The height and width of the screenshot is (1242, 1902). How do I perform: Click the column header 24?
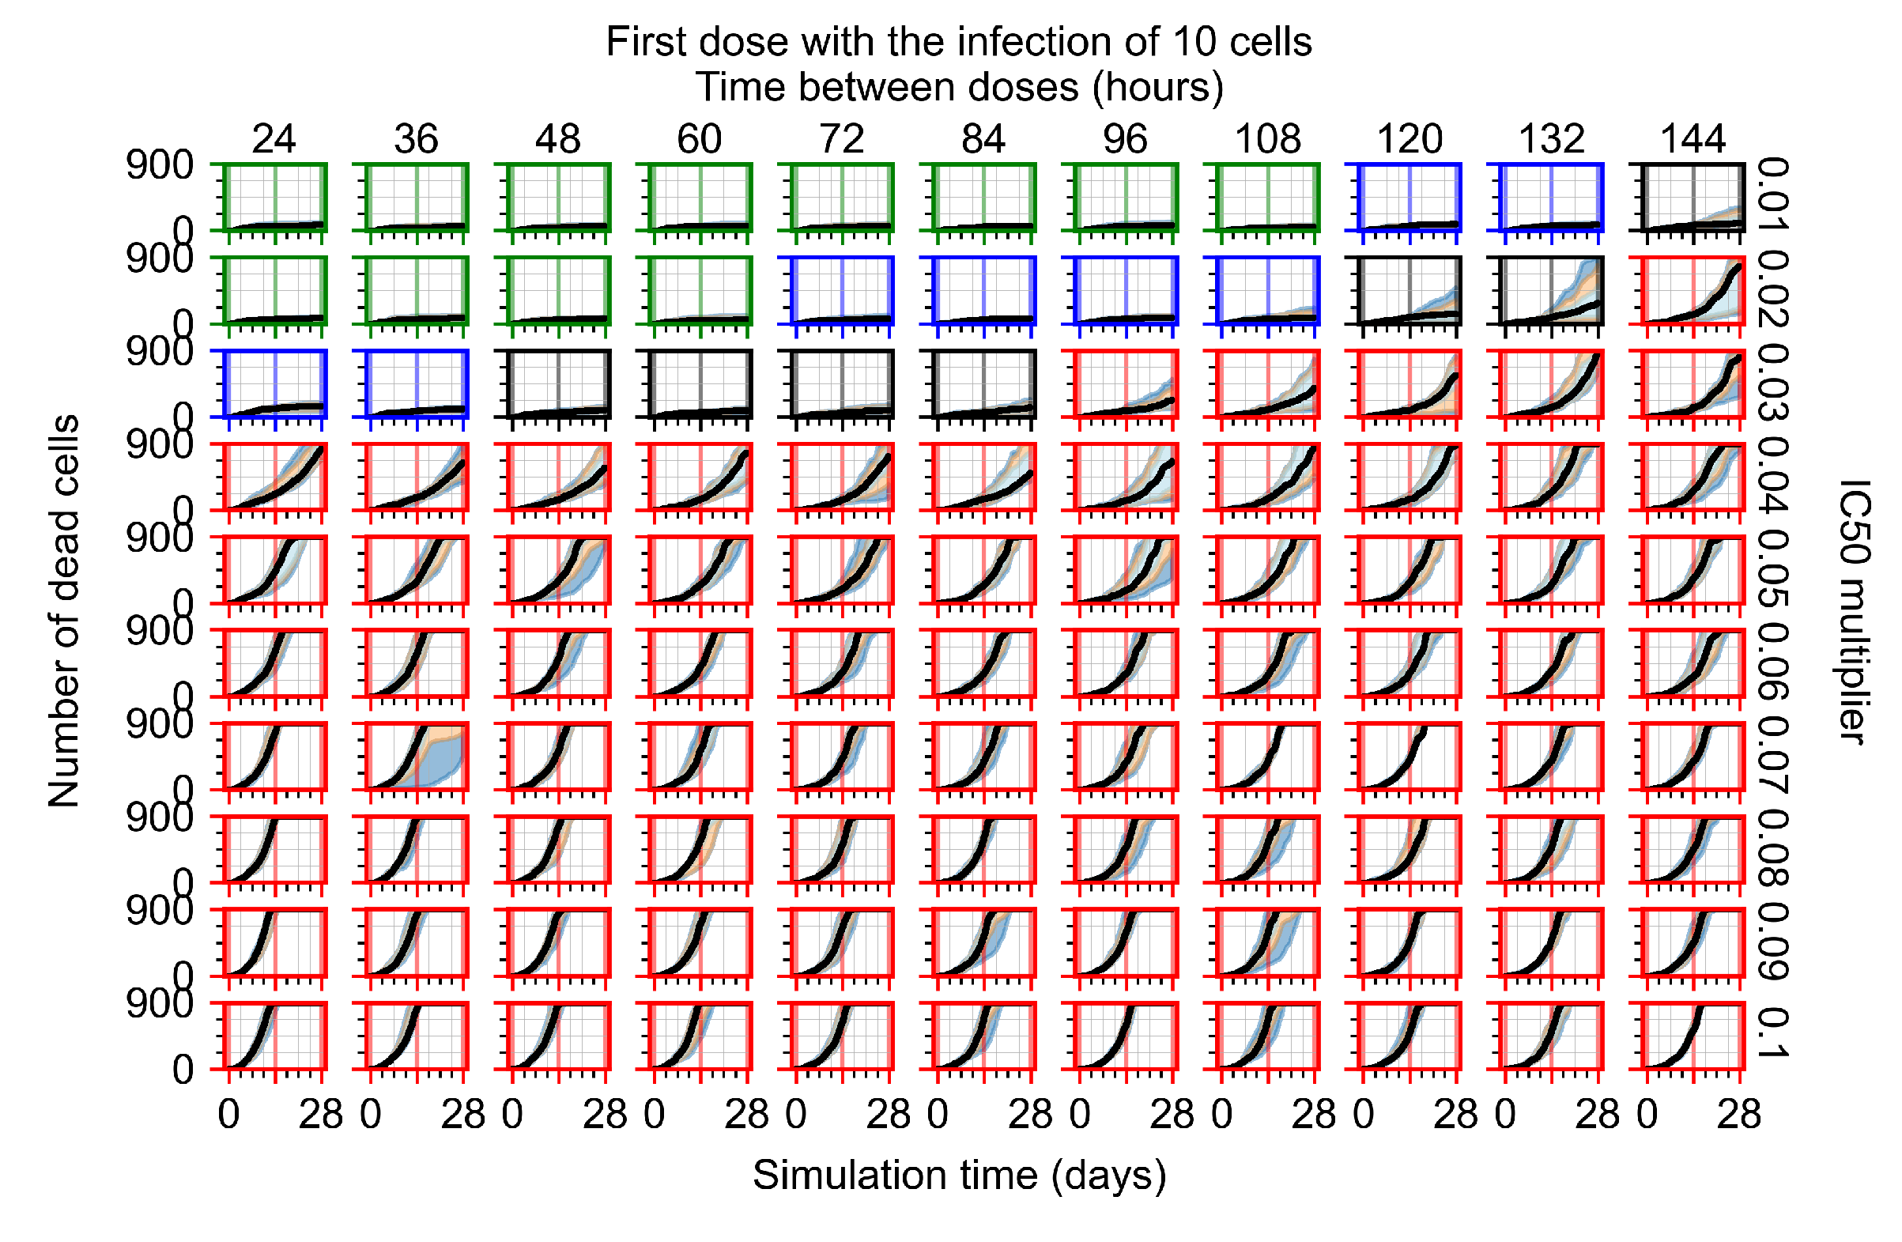274,139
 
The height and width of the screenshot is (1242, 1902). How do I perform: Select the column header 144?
1693,139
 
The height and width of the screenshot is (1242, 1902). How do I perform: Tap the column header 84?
983,139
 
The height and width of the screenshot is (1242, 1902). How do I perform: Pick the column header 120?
1409,139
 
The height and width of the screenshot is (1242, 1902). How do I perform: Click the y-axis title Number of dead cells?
64,611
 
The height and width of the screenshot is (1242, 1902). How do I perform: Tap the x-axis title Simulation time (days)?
959,1176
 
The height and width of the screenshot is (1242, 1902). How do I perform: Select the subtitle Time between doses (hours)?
959,87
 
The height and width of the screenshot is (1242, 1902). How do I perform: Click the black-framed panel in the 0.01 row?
1693,198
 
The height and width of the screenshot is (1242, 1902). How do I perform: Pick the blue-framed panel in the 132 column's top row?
1551,198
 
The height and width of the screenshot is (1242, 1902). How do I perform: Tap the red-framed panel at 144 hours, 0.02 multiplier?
1693,290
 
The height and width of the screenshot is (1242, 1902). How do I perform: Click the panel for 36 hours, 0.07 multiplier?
417,755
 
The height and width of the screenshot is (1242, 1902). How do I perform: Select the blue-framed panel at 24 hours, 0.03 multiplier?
274,383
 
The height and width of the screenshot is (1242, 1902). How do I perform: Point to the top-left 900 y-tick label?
160,166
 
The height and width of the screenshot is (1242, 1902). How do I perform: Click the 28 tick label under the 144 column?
1739,1115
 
